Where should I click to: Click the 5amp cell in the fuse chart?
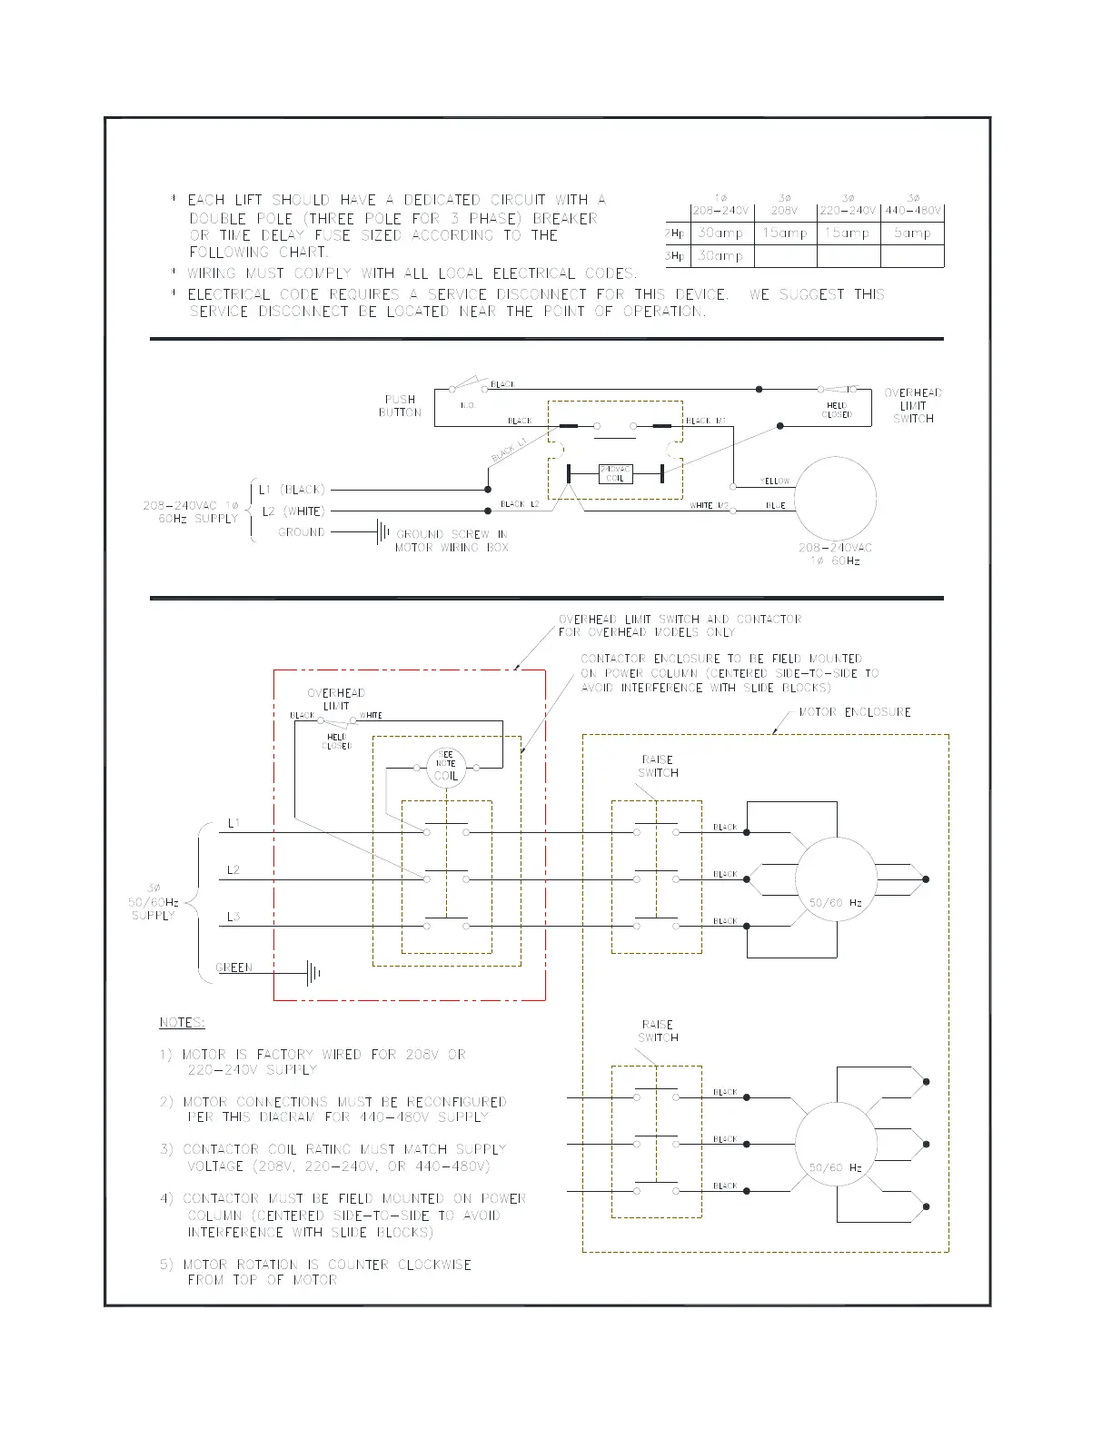tap(912, 233)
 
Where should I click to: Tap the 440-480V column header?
tap(913, 211)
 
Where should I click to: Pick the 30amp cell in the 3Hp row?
tap(720, 256)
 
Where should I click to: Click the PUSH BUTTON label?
tap(400, 406)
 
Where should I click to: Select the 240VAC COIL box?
tap(615, 473)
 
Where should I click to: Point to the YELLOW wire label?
tap(775, 481)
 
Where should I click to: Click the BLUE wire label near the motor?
tap(775, 505)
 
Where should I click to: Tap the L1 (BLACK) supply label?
tap(292, 490)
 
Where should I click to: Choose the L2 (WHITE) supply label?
tap(292, 511)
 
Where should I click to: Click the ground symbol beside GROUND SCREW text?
tap(382, 532)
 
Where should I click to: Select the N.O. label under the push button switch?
tap(468, 405)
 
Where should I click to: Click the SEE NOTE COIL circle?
tap(446, 769)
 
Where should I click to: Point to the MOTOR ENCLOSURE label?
tap(854, 712)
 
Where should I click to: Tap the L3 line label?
tap(233, 917)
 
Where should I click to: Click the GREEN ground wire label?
tap(234, 968)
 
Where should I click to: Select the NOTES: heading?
tap(182, 1023)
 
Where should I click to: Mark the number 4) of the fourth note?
tap(166, 1198)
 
